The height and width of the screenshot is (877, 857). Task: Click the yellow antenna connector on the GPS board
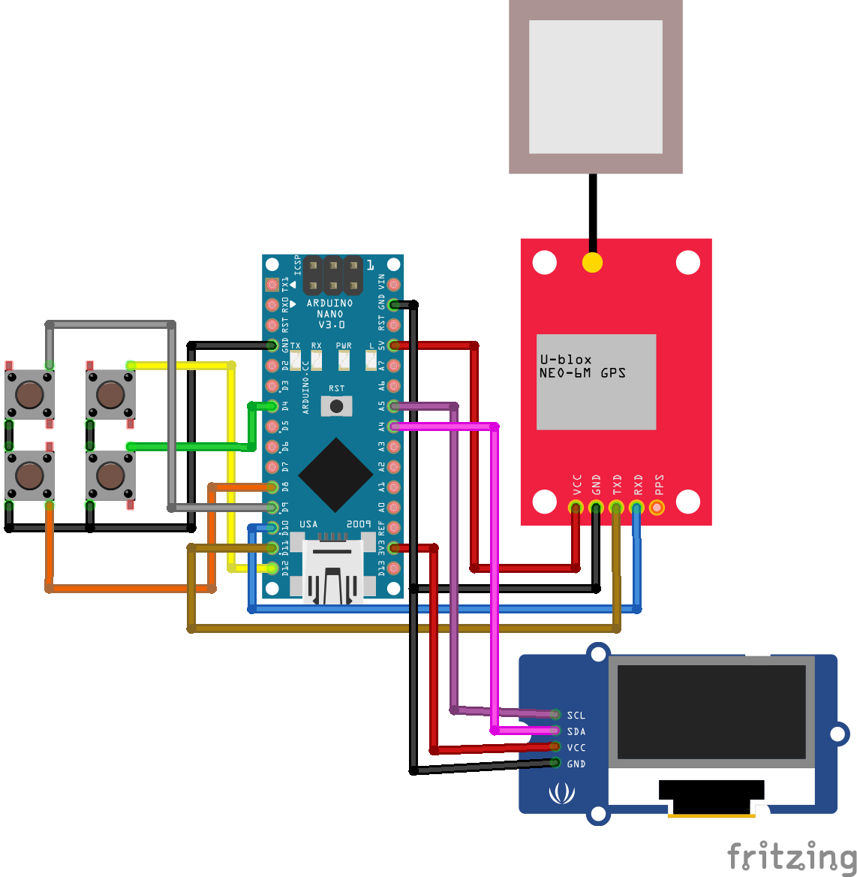(592, 263)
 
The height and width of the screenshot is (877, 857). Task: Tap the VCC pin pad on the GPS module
(576, 507)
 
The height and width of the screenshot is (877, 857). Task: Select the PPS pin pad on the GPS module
(657, 507)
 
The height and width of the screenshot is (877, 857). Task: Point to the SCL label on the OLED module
(576, 716)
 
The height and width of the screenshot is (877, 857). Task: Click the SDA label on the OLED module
(576, 731)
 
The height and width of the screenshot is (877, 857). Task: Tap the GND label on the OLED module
(576, 764)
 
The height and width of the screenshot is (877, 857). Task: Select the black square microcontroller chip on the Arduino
(335, 475)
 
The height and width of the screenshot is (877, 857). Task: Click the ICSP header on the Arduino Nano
(332, 276)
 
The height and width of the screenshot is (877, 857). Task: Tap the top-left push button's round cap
(29, 393)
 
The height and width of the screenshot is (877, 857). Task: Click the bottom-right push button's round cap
(110, 475)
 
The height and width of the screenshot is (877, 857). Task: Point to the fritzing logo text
(791, 857)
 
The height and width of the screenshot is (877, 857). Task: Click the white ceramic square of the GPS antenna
(595, 86)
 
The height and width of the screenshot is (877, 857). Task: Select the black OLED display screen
(711, 712)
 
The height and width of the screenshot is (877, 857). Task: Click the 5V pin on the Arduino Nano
(393, 345)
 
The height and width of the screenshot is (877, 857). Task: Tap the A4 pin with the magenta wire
(393, 426)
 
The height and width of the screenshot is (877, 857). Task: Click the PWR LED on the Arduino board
(344, 361)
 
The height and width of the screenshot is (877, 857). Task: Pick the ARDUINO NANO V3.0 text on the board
(330, 314)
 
